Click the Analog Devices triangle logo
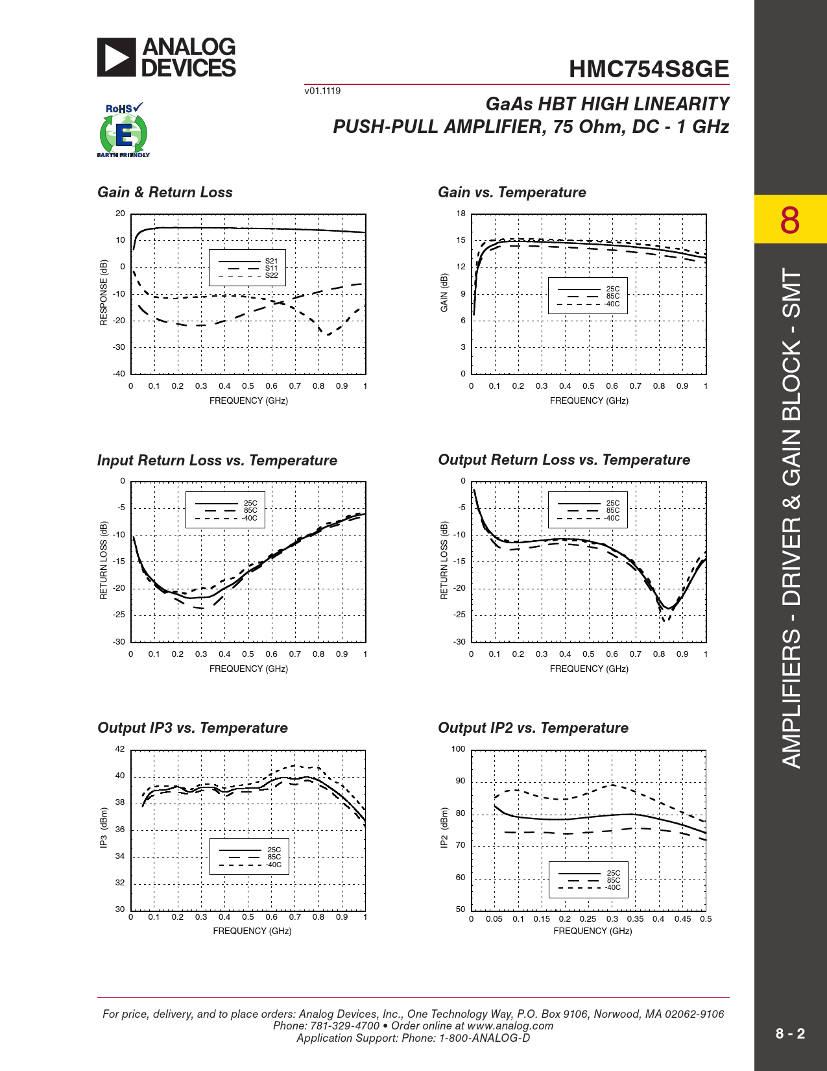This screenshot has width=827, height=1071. [x=117, y=57]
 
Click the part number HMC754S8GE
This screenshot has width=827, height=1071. [x=649, y=69]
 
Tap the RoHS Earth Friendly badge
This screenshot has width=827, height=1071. [x=123, y=130]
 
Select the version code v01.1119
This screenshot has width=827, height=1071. [x=322, y=91]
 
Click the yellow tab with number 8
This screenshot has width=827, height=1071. [x=790, y=220]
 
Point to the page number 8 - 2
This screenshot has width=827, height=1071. [x=790, y=1034]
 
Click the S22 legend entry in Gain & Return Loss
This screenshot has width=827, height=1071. [x=271, y=275]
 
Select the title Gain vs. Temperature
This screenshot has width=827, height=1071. [x=512, y=193]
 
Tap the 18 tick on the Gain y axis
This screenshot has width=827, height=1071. [x=461, y=214]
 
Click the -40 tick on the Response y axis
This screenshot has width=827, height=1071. [x=119, y=374]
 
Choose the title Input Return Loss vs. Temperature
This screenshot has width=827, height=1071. [x=217, y=461]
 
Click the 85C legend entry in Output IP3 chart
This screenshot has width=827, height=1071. [x=274, y=857]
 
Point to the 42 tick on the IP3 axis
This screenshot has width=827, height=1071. [x=120, y=749]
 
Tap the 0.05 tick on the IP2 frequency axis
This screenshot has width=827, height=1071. [x=494, y=919]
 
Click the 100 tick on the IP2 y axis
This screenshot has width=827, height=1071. [x=458, y=749]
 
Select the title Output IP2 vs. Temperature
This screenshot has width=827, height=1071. [x=533, y=728]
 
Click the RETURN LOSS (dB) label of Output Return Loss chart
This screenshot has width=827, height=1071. [x=444, y=560]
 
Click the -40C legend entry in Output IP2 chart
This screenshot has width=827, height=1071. [x=613, y=887]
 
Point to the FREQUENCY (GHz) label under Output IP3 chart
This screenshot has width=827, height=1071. [x=252, y=931]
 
